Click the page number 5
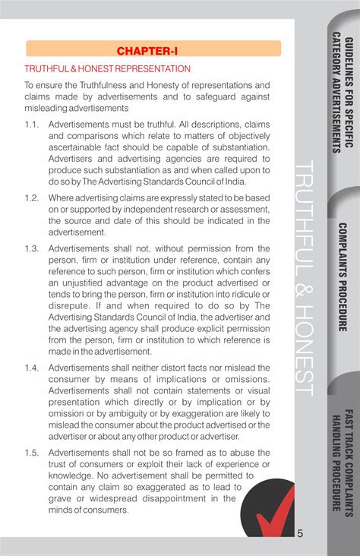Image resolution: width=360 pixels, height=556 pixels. click(300, 533)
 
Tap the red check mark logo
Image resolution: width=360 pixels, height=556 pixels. click(273, 510)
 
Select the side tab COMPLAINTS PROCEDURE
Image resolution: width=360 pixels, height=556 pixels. click(343, 277)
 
